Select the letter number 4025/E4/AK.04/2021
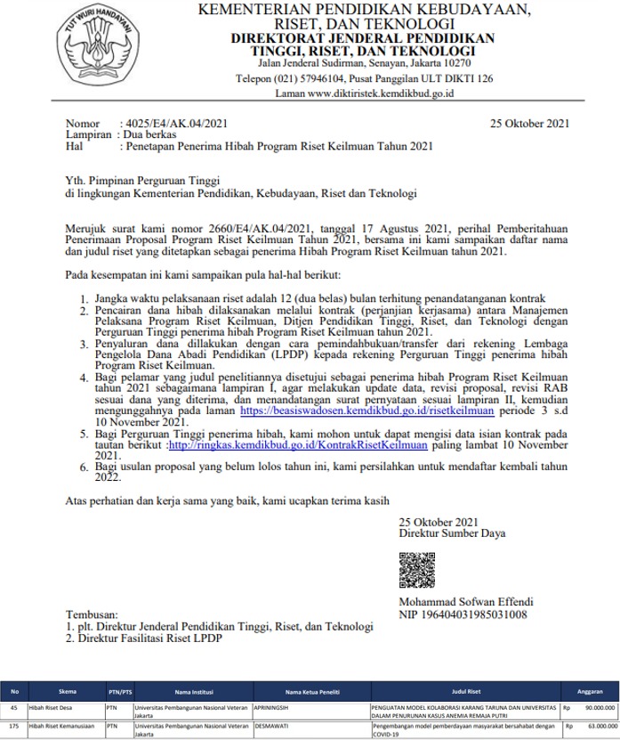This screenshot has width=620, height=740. (177, 124)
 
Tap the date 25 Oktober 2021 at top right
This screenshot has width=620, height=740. (529, 124)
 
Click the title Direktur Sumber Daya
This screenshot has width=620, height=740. (452, 533)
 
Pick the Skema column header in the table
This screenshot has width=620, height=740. (67, 692)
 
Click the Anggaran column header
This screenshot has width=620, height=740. (590, 692)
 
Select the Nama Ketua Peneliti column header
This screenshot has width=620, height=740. (310, 692)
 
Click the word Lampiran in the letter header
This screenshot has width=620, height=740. (89, 134)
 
